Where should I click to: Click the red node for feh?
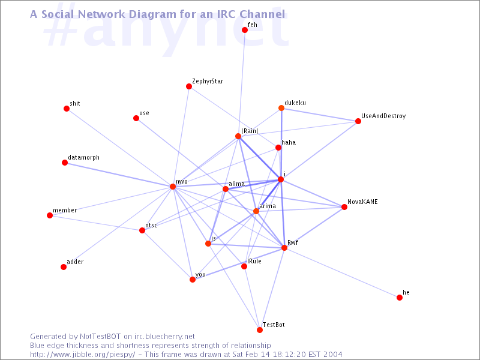[245, 29]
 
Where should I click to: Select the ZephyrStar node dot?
[189, 86]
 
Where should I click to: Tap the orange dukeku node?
[281, 108]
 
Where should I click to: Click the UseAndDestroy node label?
[383, 116]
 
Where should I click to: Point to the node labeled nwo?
[173, 187]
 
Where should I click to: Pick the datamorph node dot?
[65, 162]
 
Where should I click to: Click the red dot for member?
[50, 215]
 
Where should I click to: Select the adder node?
[64, 267]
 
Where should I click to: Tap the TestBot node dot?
[260, 329]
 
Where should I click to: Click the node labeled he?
[400, 298]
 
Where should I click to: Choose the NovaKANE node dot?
[344, 207]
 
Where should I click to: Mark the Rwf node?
[284, 248]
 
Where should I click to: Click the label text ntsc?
[151, 226]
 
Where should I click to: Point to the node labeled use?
[136, 118]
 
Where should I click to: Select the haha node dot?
[278, 148]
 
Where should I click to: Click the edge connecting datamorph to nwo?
[118, 175]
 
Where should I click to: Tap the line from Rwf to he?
[342, 272]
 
